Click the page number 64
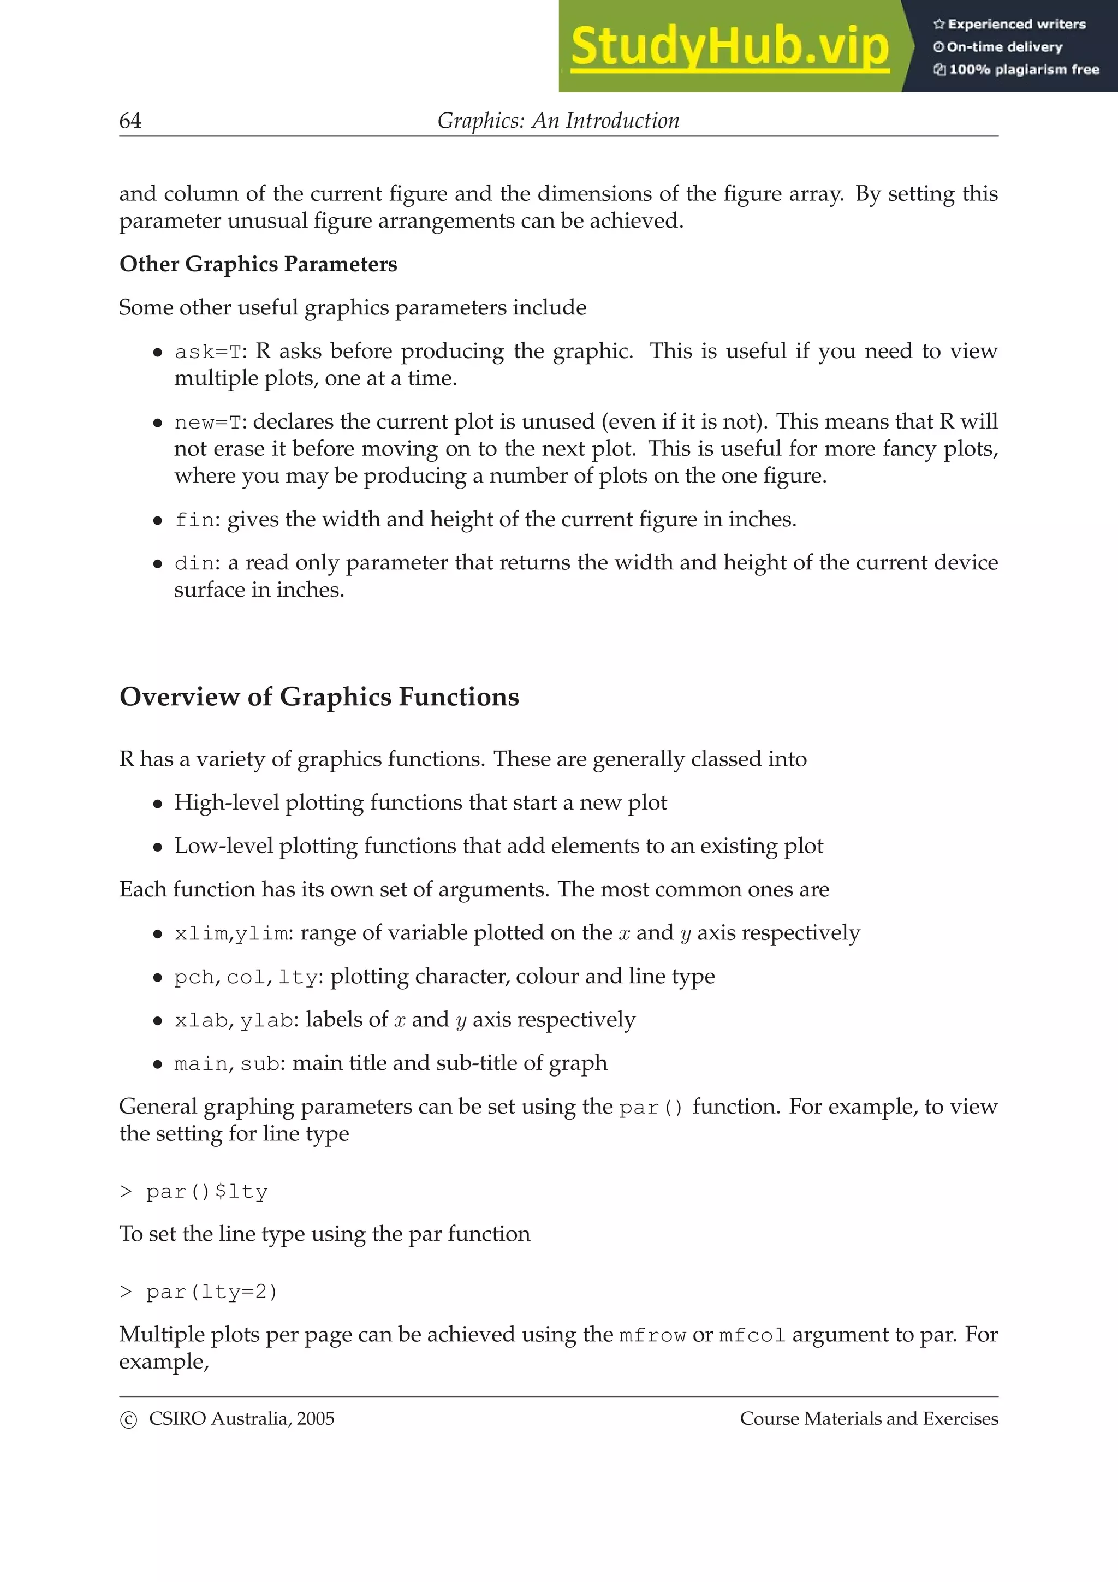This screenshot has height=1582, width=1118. (130, 121)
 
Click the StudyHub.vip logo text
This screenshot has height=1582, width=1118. (729, 47)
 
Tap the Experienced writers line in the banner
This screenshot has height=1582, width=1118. (1010, 24)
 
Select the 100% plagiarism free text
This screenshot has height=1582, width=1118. (1017, 69)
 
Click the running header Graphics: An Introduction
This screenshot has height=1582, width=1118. (558, 121)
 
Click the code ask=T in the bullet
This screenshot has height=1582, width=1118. (209, 352)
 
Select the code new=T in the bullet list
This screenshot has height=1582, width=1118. (209, 423)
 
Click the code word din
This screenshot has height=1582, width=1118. (195, 563)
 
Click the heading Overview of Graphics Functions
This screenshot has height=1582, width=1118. (319, 697)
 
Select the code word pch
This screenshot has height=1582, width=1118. (194, 978)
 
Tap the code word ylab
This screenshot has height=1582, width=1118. (266, 1020)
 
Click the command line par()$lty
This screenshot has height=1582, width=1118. (206, 1192)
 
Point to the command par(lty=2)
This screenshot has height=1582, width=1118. (211, 1292)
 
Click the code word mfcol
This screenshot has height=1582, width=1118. (752, 1335)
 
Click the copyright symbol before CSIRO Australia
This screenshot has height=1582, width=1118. (128, 1420)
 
